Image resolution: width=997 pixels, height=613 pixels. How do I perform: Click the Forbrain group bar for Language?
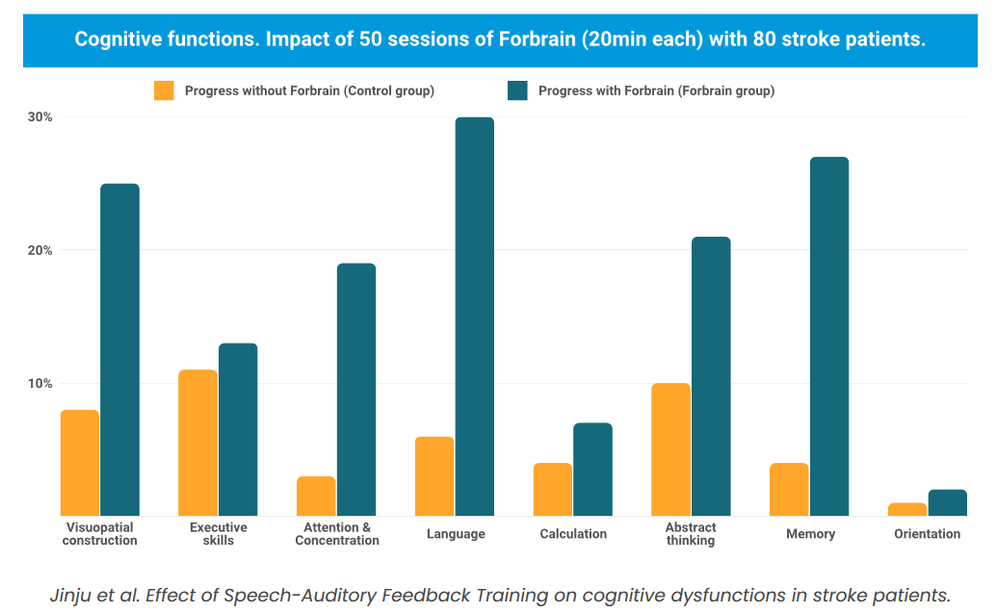coord(474,317)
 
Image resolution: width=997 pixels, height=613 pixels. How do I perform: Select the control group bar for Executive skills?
coord(197,443)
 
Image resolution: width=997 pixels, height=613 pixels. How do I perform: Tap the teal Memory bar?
coord(828,336)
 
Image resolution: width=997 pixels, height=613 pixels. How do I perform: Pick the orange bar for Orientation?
coord(907,509)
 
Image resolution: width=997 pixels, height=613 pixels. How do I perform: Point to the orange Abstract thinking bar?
coord(670,449)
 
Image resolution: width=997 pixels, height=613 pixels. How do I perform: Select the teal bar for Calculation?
coord(592,470)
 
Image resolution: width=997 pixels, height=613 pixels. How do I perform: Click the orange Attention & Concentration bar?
coord(316,496)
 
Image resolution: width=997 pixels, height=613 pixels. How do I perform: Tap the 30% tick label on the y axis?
coord(40,117)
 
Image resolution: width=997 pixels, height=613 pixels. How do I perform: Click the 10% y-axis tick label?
coord(40,384)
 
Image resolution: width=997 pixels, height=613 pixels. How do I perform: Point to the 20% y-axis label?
coord(40,250)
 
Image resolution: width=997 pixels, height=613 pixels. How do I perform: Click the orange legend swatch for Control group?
coord(164,91)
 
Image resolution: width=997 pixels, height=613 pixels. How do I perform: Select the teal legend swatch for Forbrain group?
coord(517,91)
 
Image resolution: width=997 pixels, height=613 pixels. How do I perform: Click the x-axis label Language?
coord(456,534)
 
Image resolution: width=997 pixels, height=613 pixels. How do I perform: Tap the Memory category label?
coord(810,534)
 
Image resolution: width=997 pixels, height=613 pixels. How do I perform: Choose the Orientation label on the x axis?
coord(927,534)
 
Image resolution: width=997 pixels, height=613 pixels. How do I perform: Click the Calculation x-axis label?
coord(573,534)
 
